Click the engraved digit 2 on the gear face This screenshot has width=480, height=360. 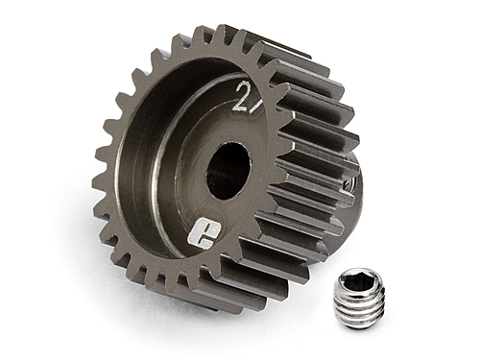point(241,93)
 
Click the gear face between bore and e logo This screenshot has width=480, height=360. point(228,216)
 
